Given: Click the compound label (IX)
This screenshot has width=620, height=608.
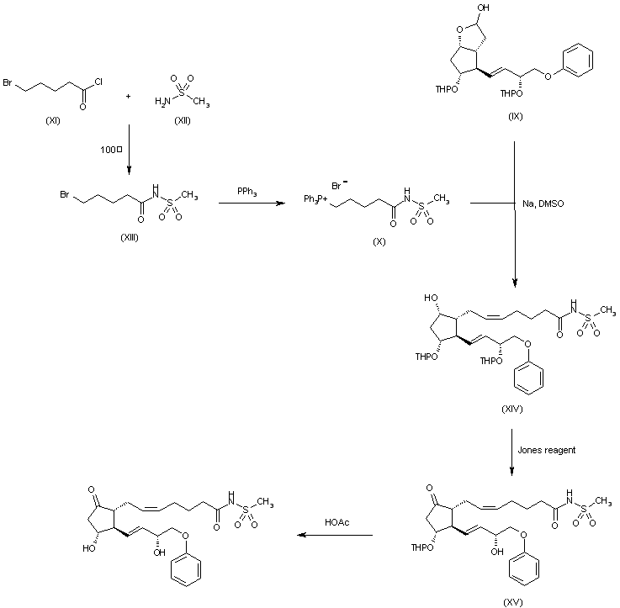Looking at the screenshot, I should pyautogui.click(x=515, y=115).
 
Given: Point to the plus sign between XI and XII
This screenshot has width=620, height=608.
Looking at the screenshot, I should pyautogui.click(x=128, y=96).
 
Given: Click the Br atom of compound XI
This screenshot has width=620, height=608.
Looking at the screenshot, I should pyautogui.click(x=8, y=85).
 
